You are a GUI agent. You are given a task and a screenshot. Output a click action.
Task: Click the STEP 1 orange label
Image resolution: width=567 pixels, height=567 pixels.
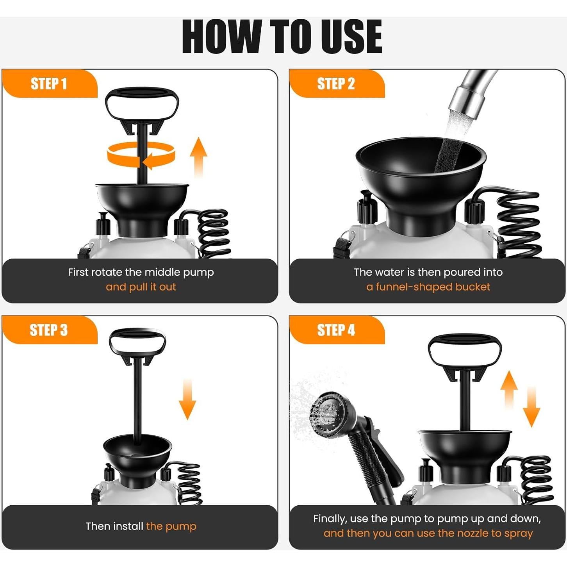pyautogui.click(x=50, y=84)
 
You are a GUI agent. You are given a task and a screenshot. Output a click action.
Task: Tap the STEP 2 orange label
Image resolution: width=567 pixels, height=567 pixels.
pyautogui.click(x=337, y=84)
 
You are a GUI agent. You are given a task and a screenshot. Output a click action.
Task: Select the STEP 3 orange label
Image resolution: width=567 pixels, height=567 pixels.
pyautogui.click(x=50, y=330)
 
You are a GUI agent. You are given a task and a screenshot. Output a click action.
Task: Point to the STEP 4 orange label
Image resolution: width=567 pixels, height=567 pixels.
pyautogui.click(x=337, y=330)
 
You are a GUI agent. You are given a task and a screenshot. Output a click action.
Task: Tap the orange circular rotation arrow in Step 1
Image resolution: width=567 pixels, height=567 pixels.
pyautogui.click(x=141, y=155)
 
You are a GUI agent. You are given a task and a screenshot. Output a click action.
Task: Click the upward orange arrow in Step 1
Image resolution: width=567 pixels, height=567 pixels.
pyautogui.click(x=199, y=157)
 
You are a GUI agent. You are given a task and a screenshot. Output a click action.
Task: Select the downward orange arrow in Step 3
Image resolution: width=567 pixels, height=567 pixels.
pyautogui.click(x=187, y=399)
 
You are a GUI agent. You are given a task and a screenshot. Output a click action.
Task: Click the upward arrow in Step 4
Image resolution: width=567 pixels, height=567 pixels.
pyautogui.click(x=509, y=389)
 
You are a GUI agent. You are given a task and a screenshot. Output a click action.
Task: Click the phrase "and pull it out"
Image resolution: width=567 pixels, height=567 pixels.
pyautogui.click(x=141, y=287)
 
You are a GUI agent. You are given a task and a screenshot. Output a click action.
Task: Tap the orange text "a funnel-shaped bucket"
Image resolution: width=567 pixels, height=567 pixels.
pyautogui.click(x=428, y=287)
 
